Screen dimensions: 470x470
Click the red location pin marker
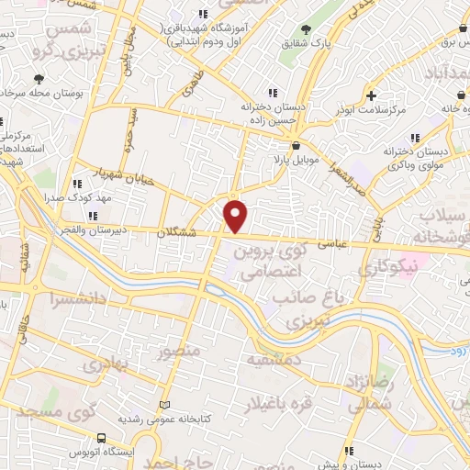(237, 217)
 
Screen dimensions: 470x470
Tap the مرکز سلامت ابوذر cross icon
(370, 95)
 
